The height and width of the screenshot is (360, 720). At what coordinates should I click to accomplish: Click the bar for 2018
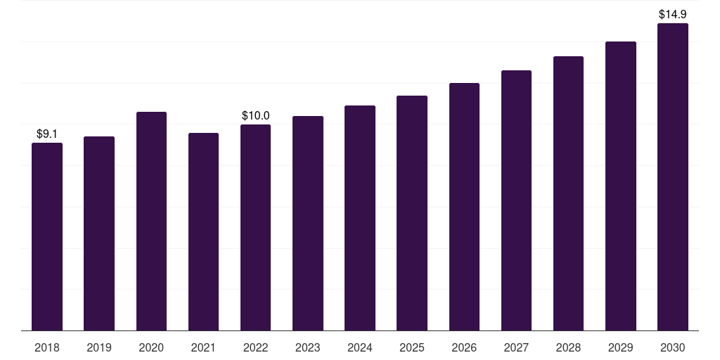(47, 236)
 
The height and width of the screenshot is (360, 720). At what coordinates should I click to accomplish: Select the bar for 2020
(151, 221)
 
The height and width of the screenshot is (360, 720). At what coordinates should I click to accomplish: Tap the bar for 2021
(203, 232)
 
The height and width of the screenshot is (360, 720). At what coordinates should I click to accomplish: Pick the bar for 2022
(255, 227)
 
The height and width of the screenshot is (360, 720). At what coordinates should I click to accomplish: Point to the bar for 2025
(412, 213)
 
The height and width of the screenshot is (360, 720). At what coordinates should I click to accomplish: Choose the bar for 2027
(516, 200)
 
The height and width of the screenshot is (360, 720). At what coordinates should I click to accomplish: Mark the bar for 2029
(620, 186)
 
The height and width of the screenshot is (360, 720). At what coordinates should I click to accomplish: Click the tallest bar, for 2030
(673, 176)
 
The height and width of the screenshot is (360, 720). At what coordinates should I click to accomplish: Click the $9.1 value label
(47, 134)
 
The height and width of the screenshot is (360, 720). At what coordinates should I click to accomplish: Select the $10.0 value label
(255, 116)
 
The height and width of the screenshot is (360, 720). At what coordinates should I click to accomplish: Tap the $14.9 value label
(673, 14)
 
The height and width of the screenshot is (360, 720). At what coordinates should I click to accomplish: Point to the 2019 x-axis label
(99, 347)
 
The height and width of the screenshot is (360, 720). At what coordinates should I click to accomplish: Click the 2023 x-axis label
(308, 347)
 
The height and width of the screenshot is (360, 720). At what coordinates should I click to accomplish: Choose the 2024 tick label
(360, 347)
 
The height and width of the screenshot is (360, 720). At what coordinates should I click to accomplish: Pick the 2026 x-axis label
(464, 347)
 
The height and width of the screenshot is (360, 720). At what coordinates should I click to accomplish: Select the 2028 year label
(568, 347)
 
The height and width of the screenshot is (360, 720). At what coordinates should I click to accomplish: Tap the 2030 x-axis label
(673, 347)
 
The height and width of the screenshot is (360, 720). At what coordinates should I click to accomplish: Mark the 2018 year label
(47, 347)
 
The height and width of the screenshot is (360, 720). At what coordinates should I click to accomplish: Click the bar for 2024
(360, 218)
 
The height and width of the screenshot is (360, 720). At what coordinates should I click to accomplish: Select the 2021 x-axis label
(203, 347)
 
